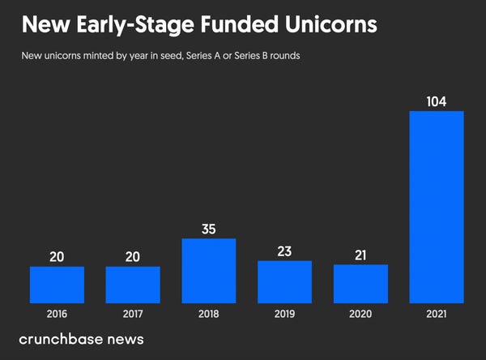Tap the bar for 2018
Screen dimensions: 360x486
click(x=208, y=270)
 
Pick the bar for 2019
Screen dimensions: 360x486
click(x=284, y=281)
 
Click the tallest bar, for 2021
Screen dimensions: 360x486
click(x=437, y=206)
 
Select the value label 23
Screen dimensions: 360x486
click(x=284, y=251)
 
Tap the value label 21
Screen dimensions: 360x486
click(x=360, y=255)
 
